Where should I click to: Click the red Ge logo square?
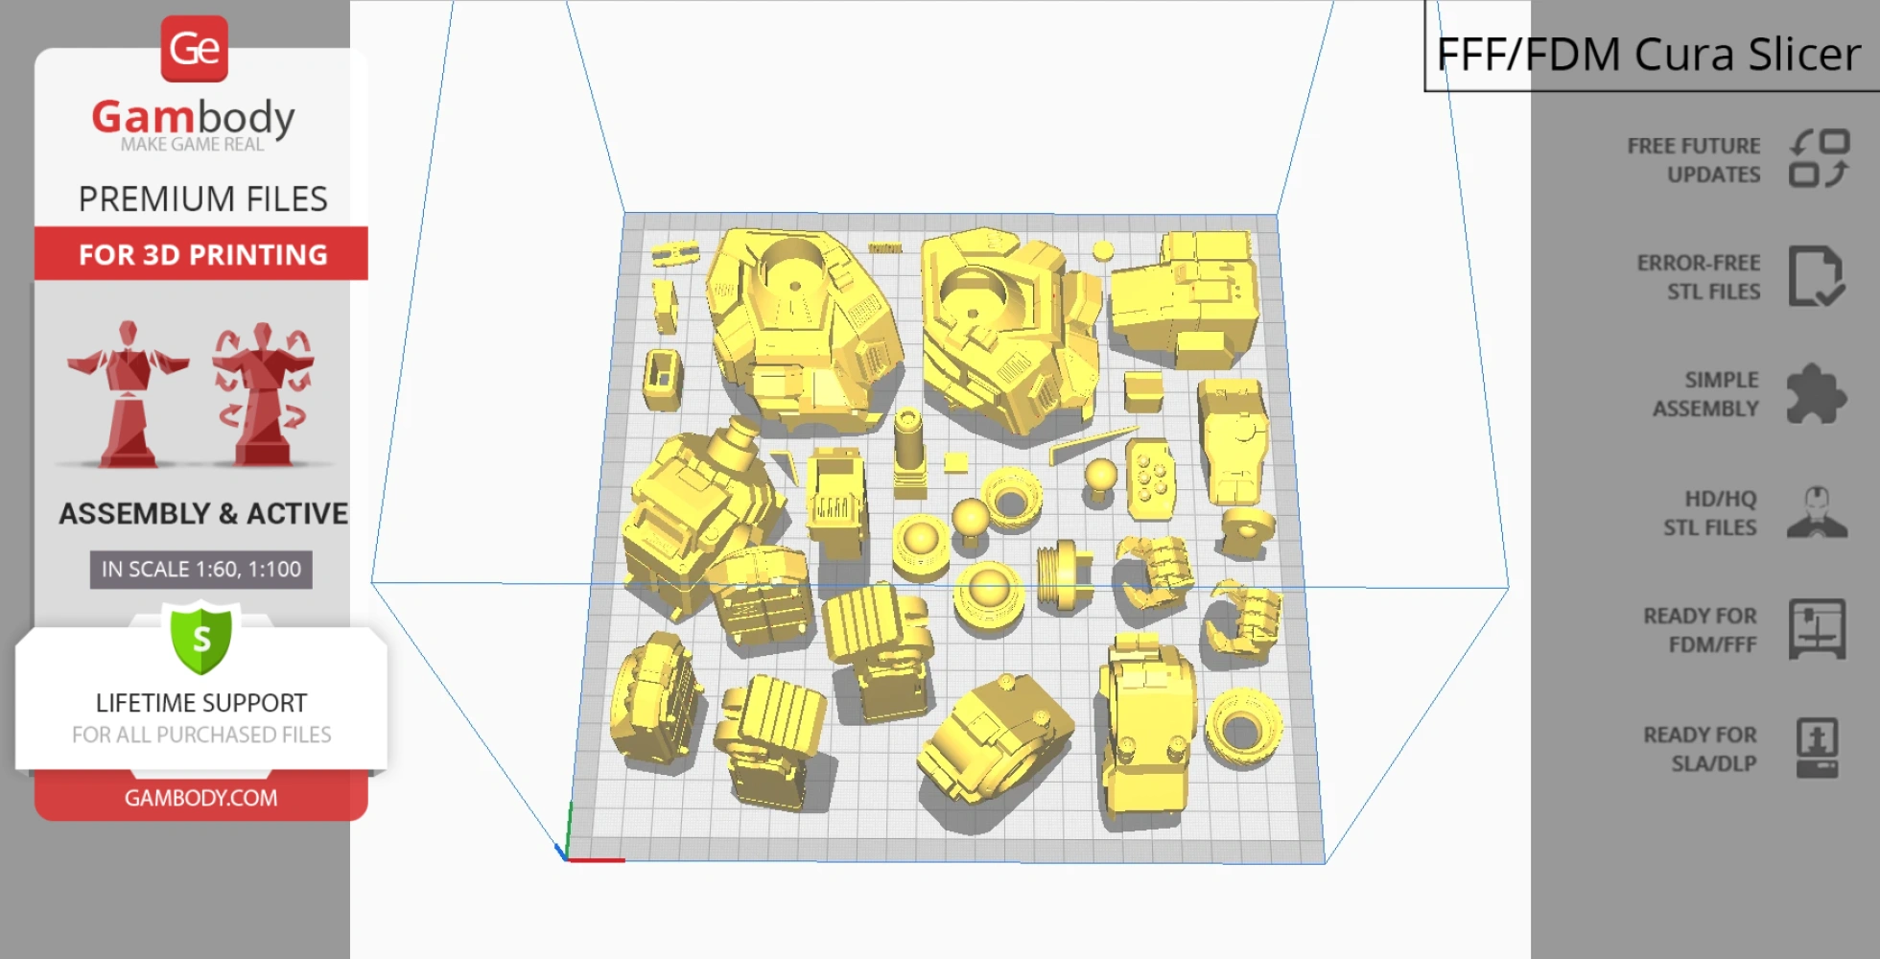click(x=195, y=48)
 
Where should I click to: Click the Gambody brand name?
click(x=193, y=118)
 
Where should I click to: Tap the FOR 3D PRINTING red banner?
click(x=201, y=254)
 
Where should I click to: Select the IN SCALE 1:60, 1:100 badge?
click(x=201, y=570)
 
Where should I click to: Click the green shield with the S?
click(x=201, y=638)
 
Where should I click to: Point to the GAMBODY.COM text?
click(x=201, y=798)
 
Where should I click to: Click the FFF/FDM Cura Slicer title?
click(x=1648, y=54)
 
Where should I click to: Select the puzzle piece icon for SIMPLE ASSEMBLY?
click(x=1816, y=393)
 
